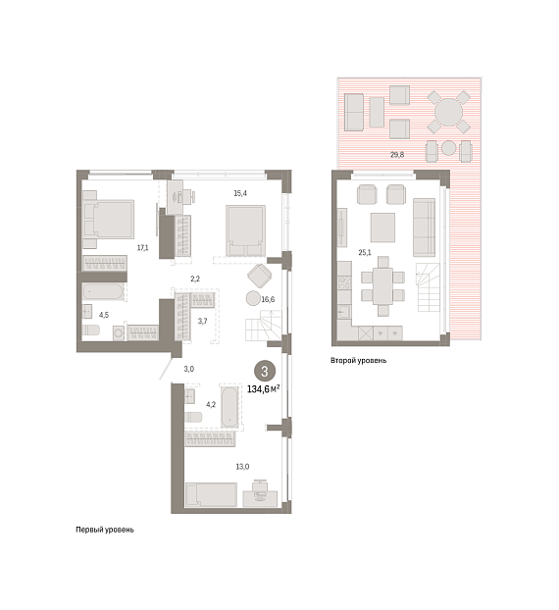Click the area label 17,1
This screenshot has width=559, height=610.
143,247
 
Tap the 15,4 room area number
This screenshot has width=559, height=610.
240,193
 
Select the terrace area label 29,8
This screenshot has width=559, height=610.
397,155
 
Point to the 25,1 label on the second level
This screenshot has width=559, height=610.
365,252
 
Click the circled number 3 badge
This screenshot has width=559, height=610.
265,372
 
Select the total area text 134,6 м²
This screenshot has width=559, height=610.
264,389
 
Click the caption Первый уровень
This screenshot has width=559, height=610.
105,530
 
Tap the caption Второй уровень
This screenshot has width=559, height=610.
359,361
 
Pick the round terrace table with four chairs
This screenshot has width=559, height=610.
449,113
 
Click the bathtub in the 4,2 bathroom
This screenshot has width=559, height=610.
229,407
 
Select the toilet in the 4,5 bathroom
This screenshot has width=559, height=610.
91,330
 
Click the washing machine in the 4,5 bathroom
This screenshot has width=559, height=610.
119,333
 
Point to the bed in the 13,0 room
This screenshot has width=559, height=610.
211,495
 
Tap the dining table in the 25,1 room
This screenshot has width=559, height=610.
382,286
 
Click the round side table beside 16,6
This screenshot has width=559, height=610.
253,299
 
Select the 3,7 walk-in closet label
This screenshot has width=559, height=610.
202,322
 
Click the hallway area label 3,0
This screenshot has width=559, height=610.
189,369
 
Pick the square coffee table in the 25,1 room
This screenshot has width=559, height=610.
382,228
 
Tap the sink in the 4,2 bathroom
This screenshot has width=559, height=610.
190,396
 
